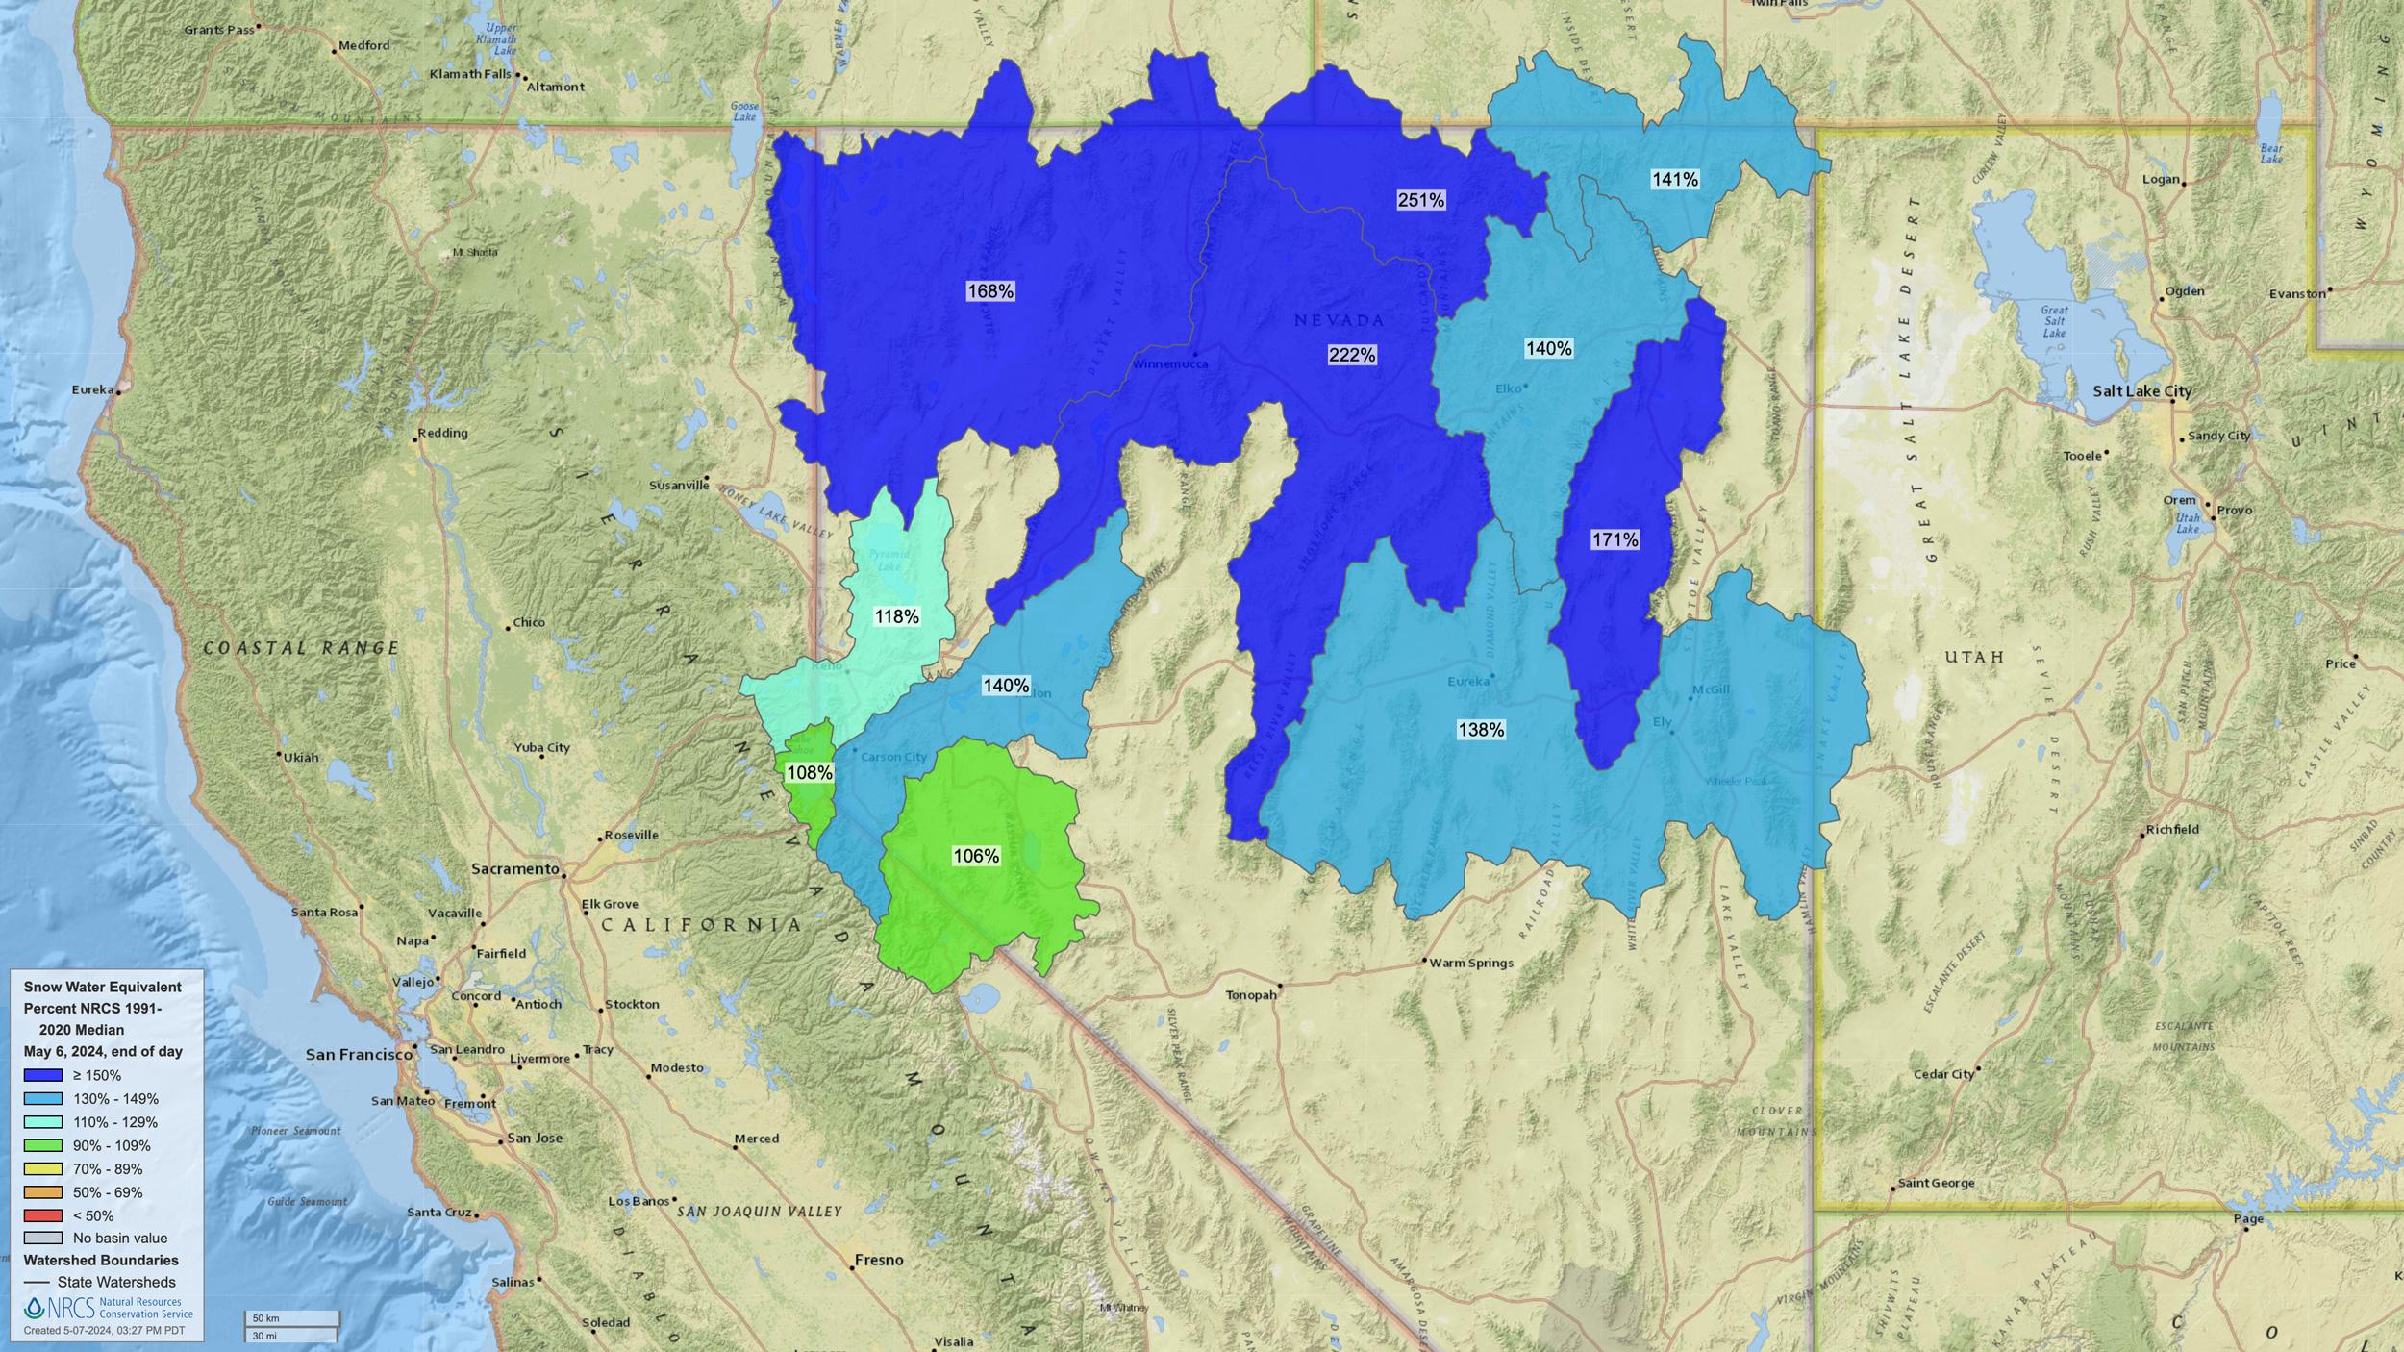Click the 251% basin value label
point(1420,200)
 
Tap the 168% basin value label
point(990,291)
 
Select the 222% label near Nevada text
point(1351,355)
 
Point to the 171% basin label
point(1615,540)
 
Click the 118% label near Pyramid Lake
point(896,616)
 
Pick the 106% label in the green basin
point(975,856)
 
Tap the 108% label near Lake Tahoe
point(809,772)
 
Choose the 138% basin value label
point(1481,730)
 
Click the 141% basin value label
point(1674,179)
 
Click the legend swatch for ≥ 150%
point(43,1075)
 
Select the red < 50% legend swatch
point(43,1215)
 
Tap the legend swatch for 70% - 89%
point(43,1169)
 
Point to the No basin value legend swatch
point(43,1239)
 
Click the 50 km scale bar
point(290,1317)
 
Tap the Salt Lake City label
point(2141,391)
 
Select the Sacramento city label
point(514,869)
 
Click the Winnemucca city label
point(1168,364)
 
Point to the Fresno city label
point(879,1260)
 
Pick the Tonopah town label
point(1250,995)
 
